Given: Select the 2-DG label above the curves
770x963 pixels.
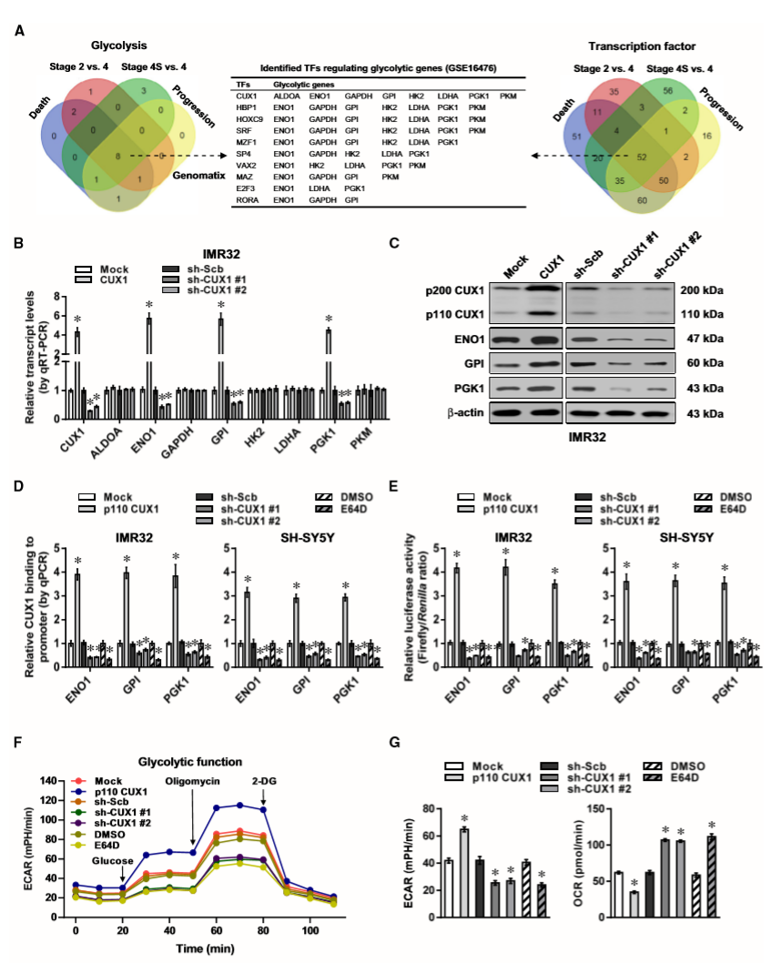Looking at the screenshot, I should pyautogui.click(x=265, y=780).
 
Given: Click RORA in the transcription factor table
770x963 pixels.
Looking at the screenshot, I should pyautogui.click(x=246, y=198).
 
